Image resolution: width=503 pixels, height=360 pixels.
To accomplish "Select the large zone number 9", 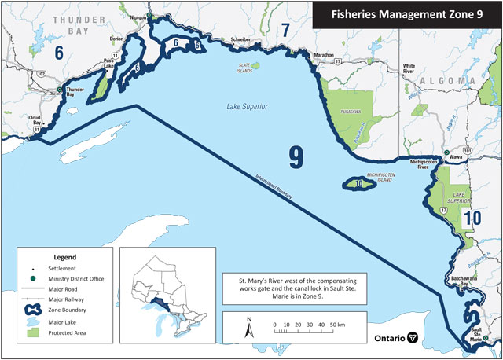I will tap(296, 157).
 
